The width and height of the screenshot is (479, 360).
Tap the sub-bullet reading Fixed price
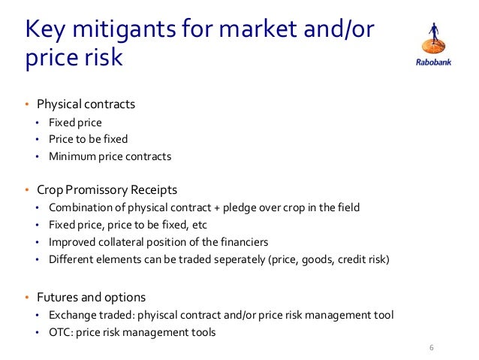(x=75, y=122)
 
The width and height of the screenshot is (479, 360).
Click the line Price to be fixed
(x=88, y=139)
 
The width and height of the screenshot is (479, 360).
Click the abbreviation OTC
(x=59, y=331)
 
